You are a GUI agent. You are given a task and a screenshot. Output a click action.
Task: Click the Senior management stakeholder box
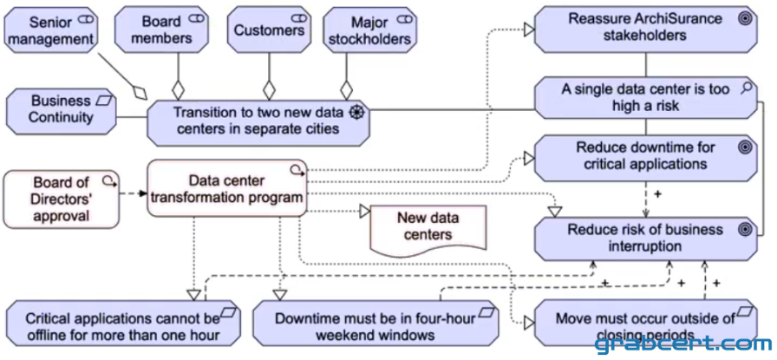[x=50, y=29]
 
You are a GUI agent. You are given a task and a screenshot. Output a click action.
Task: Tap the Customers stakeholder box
[x=269, y=29]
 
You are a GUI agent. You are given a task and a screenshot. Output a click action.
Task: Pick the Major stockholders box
[x=370, y=29]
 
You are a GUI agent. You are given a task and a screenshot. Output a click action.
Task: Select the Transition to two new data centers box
[x=258, y=122]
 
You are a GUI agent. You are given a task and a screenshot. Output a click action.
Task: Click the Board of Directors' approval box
[x=62, y=200]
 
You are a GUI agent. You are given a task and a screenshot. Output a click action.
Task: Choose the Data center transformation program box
[x=227, y=188]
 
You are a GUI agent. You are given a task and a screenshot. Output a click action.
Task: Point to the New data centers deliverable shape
[x=428, y=230]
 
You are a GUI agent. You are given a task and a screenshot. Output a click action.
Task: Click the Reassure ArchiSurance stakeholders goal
[x=646, y=29]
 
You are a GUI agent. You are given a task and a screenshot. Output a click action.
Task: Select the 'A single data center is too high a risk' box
[x=646, y=98]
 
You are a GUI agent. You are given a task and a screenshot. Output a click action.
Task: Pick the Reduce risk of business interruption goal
[x=646, y=239]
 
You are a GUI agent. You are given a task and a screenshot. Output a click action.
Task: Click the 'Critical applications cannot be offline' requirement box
[x=123, y=324]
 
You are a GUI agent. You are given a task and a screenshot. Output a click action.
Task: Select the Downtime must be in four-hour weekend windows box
[x=375, y=324]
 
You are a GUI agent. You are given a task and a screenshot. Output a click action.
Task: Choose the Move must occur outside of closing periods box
[x=646, y=323]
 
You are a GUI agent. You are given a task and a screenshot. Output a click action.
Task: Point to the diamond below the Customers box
[x=269, y=91]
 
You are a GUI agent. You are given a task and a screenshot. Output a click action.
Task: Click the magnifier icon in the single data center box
[x=747, y=88]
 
